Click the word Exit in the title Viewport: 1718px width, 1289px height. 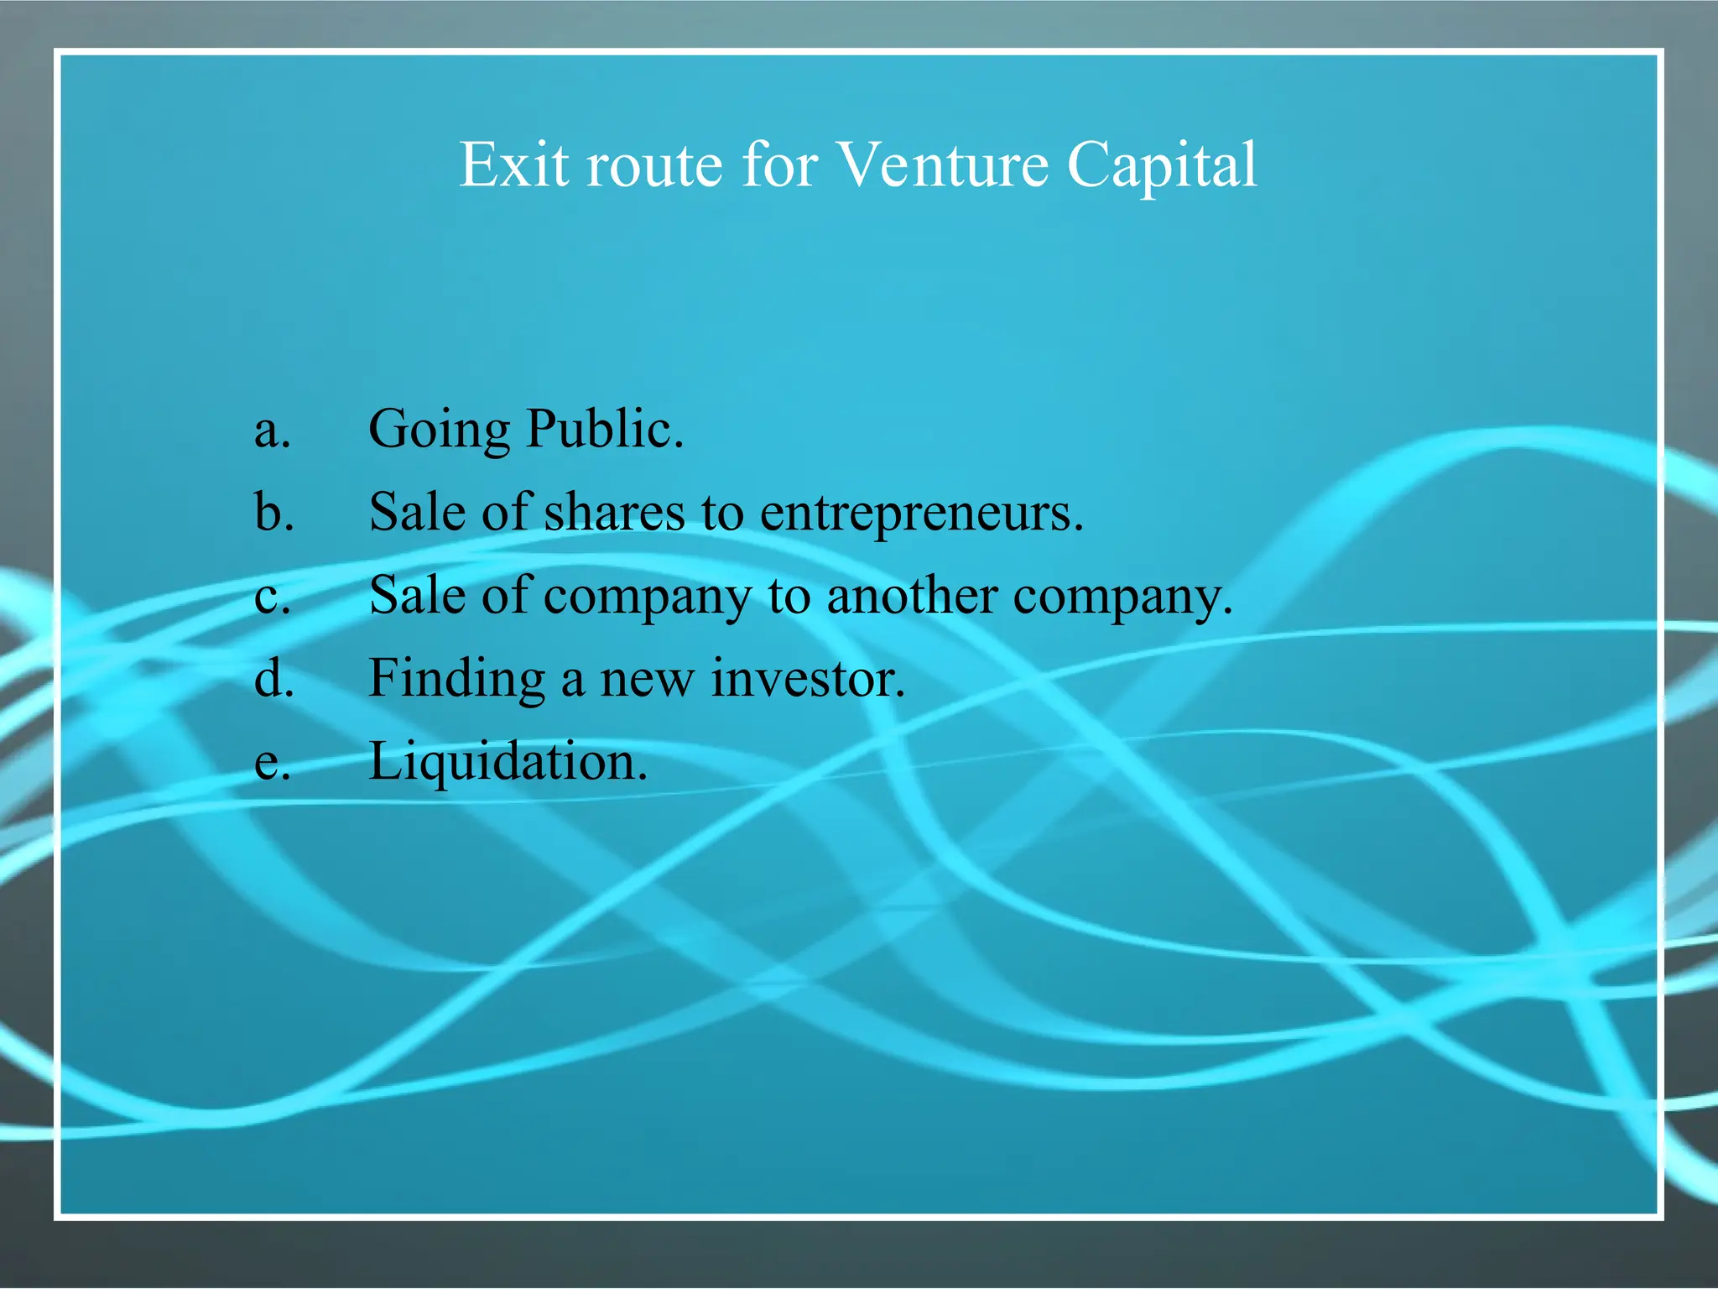point(513,165)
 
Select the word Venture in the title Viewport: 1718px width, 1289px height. point(943,165)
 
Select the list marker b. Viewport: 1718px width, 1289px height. point(273,512)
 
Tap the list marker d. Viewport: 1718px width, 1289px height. point(273,678)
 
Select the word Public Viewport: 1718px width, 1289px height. point(604,429)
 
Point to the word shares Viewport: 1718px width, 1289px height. point(614,512)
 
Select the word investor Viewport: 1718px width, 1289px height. point(808,678)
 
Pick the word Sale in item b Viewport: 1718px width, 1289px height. point(417,512)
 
